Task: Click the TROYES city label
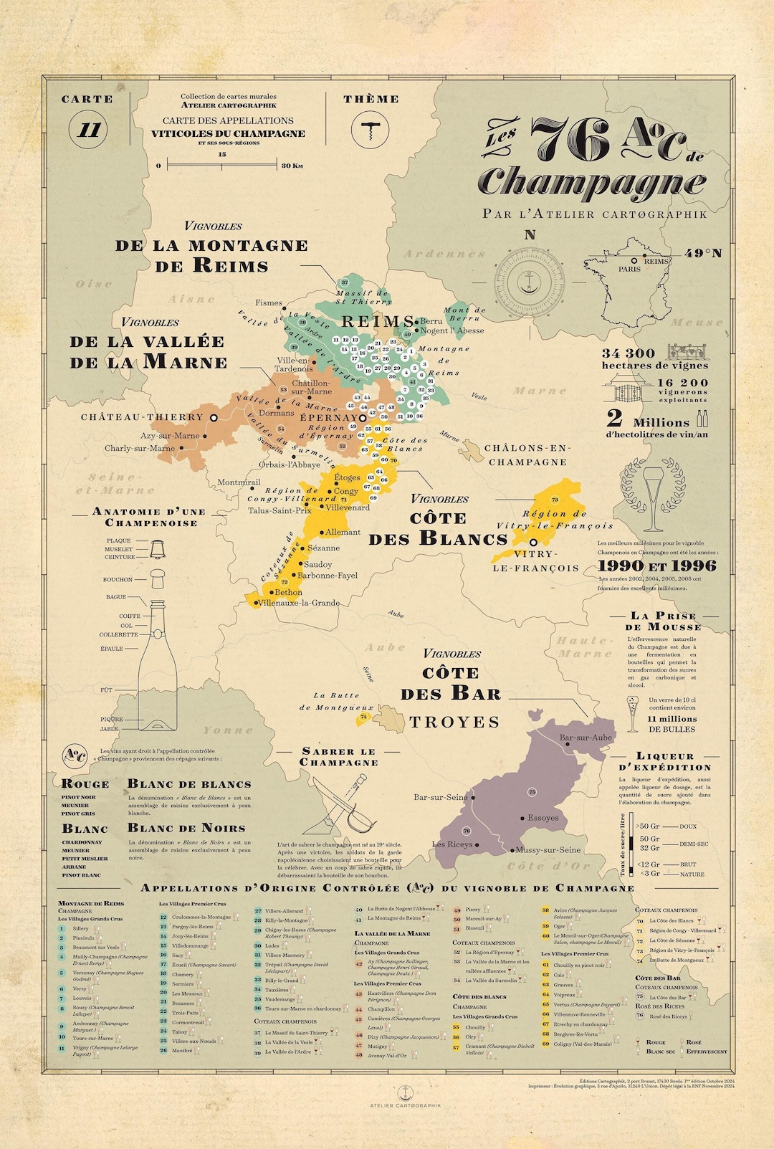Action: [x=454, y=722]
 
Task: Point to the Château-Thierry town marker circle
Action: [x=213, y=417]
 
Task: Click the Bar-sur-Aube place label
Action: [x=586, y=738]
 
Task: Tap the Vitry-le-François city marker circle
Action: [x=533, y=543]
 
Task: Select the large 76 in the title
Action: [x=570, y=141]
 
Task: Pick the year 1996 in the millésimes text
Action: [x=689, y=566]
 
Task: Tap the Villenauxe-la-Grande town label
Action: [x=299, y=603]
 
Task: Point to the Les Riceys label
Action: [x=452, y=844]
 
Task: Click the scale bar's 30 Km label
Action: [x=292, y=166]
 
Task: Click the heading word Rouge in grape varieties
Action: [x=85, y=783]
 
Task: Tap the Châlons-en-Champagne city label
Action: [x=527, y=455]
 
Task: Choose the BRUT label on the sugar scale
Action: [x=688, y=864]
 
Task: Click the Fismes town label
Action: [x=269, y=303]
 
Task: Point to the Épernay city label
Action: [x=328, y=417]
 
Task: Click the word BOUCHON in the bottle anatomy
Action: [x=118, y=579]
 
